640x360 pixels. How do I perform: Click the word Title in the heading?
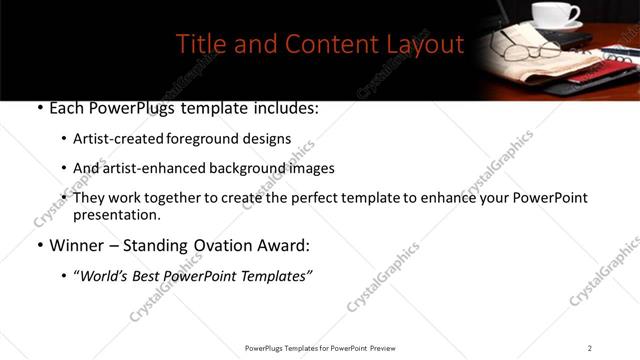198,45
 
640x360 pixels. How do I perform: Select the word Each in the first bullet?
67,109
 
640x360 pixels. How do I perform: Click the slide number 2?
590,348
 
